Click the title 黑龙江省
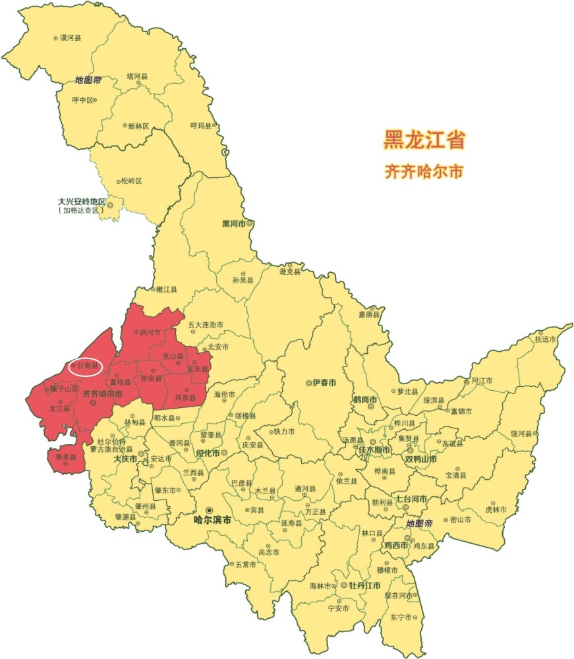click(x=425, y=140)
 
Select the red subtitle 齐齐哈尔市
click(x=424, y=171)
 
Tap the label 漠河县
click(x=71, y=38)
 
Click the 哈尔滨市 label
click(x=212, y=520)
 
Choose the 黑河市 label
click(x=234, y=224)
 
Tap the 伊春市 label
click(x=324, y=383)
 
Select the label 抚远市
click(x=546, y=339)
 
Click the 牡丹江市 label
click(x=365, y=585)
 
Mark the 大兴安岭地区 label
click(x=82, y=202)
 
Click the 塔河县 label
click(x=138, y=76)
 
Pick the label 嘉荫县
click(x=370, y=315)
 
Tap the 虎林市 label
click(x=496, y=509)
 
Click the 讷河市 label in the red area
click(x=150, y=332)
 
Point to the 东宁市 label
click(x=401, y=617)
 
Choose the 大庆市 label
click(x=125, y=459)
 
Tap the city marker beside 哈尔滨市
click(x=209, y=509)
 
